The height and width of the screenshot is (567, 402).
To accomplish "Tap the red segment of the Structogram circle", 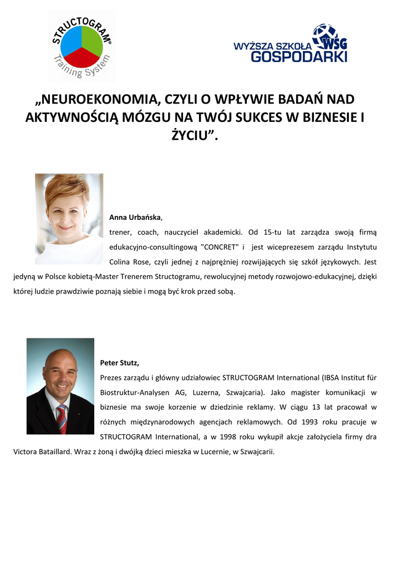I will [82, 56].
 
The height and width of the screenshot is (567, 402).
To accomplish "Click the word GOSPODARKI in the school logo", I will [299, 56].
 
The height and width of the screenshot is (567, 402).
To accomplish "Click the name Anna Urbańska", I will [135, 218].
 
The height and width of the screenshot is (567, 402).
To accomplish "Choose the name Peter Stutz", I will [119, 363].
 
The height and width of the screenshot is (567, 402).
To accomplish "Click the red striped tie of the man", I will [62, 419].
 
